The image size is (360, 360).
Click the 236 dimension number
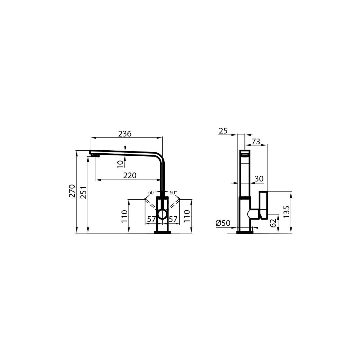point(125,134)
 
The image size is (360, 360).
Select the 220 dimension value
point(130,175)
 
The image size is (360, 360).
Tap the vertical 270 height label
point(72,191)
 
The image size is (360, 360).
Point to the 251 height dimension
point(83,192)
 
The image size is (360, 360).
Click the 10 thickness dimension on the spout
point(121,164)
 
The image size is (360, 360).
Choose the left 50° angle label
point(152,193)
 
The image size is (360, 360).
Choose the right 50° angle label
point(173,193)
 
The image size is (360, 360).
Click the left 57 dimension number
point(151,219)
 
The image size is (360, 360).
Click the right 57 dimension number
point(173,219)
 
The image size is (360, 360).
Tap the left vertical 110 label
point(124,216)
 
